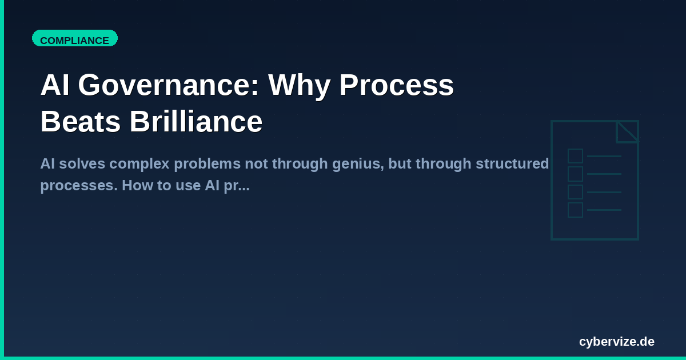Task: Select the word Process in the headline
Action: click(396, 86)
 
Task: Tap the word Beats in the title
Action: click(81, 122)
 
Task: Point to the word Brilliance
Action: click(196, 122)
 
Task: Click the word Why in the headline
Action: click(298, 86)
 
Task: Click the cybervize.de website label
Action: click(616, 342)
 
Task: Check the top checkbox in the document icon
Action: click(575, 156)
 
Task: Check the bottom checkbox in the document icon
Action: click(575, 210)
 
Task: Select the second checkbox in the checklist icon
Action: click(575, 174)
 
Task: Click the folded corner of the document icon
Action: click(628, 131)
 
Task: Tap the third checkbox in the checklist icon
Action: click(575, 192)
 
